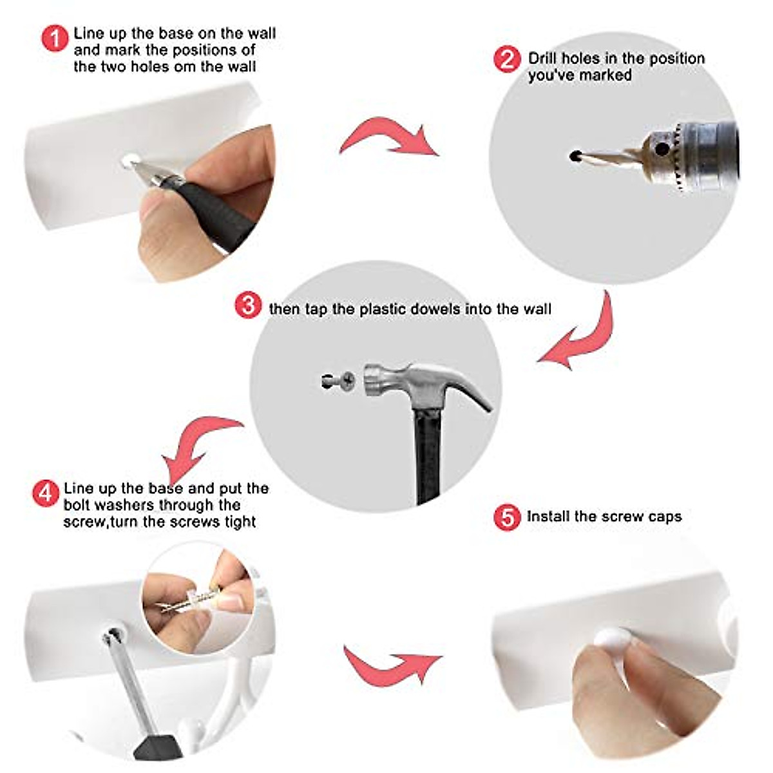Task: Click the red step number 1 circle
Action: pyautogui.click(x=55, y=38)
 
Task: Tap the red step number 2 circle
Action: pyautogui.click(x=507, y=59)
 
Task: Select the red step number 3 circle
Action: pyautogui.click(x=248, y=305)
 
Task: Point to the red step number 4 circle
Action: pyautogui.click(x=46, y=493)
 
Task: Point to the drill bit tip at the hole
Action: pyautogui.click(x=575, y=155)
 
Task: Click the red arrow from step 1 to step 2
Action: pyautogui.click(x=389, y=135)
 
